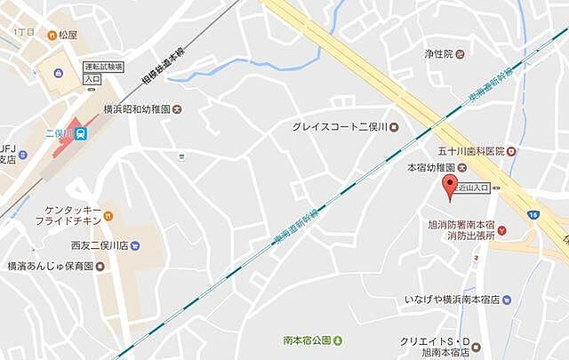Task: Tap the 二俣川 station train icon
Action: pos(81,133)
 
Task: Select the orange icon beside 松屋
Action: pos(52,34)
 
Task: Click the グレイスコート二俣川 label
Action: pos(339,126)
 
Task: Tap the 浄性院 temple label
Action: pos(439,53)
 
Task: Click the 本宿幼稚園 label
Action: pos(431,167)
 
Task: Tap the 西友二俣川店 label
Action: pos(93,244)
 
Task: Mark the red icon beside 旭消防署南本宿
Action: pos(502,231)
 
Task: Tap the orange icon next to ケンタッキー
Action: pos(108,215)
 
